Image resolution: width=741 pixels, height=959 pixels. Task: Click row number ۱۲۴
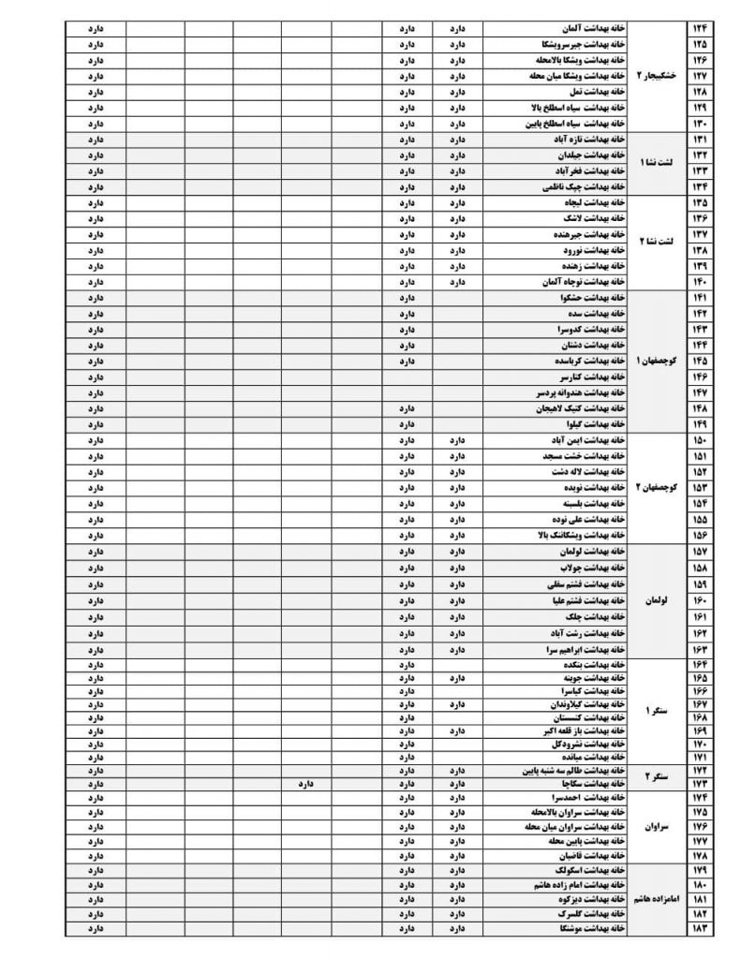pyautogui.click(x=700, y=28)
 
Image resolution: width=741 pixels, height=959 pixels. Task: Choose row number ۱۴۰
pyautogui.click(x=700, y=281)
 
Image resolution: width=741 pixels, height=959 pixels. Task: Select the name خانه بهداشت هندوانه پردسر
pyautogui.click(x=570, y=392)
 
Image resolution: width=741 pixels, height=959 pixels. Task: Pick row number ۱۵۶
pyautogui.click(x=700, y=535)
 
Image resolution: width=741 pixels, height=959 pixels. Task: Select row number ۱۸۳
pyautogui.click(x=700, y=928)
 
